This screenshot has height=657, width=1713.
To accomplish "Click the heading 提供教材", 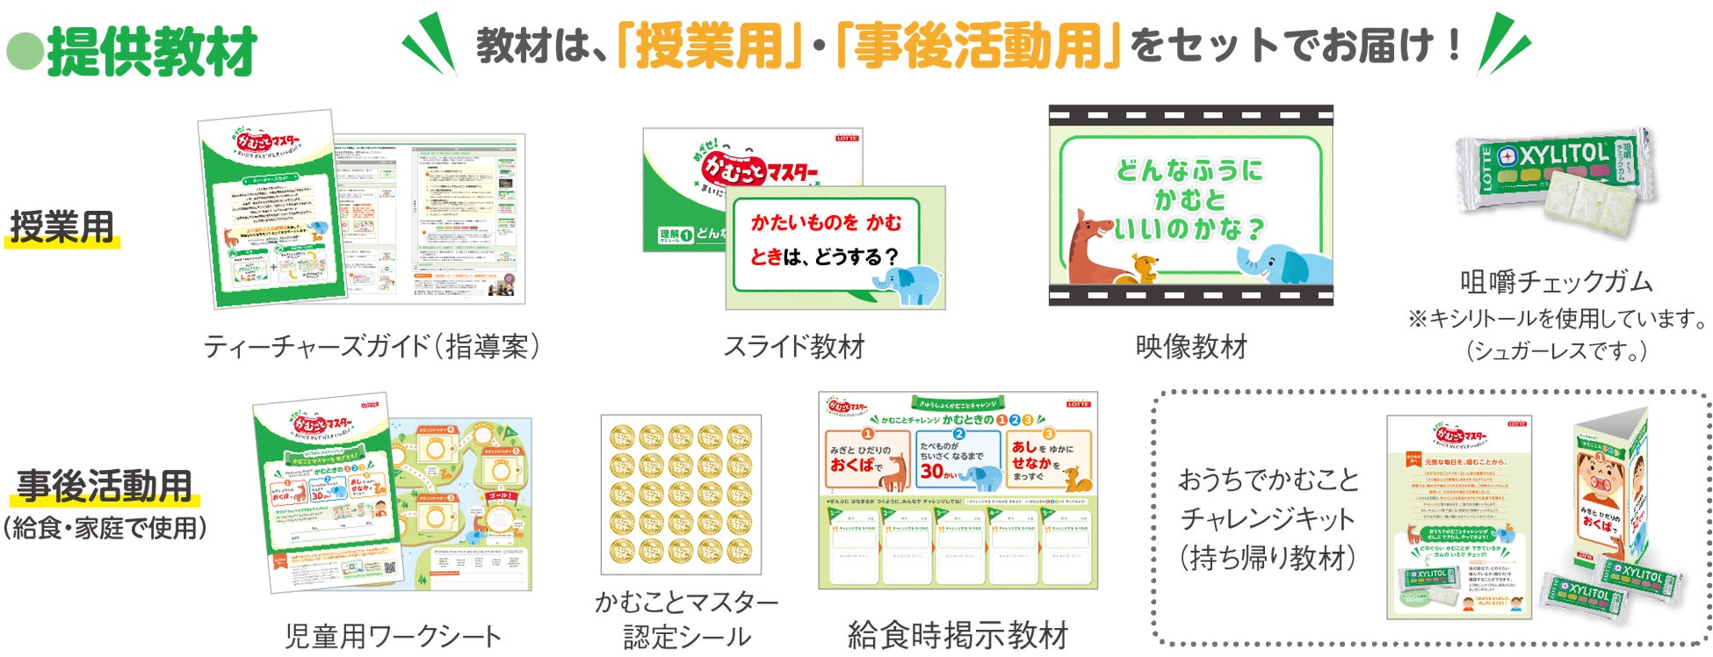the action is tap(151, 51).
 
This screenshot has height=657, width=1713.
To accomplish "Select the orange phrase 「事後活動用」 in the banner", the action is tap(979, 46).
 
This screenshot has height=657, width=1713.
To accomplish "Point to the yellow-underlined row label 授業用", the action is tap(62, 227).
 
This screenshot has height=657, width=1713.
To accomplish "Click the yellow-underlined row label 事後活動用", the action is tap(105, 486).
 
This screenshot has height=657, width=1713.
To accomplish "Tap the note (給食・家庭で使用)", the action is tap(105, 528).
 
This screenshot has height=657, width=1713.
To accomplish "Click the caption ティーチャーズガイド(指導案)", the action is tap(372, 347).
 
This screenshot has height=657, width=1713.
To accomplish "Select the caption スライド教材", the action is tap(793, 347).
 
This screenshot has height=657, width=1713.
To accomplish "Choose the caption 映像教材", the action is tap(1191, 347).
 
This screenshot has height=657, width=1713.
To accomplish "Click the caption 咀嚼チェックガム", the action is tap(1556, 282).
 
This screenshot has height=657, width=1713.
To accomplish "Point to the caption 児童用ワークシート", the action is tap(392, 636).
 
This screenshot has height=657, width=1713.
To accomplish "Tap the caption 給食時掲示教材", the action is tap(958, 634).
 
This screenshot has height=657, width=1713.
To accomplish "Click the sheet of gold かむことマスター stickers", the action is tap(681, 494).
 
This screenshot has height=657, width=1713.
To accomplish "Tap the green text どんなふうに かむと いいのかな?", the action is tap(1189, 199).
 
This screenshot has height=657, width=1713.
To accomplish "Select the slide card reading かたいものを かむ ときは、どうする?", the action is tap(835, 247).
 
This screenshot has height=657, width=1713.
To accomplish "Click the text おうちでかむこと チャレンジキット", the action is tap(1268, 499).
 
